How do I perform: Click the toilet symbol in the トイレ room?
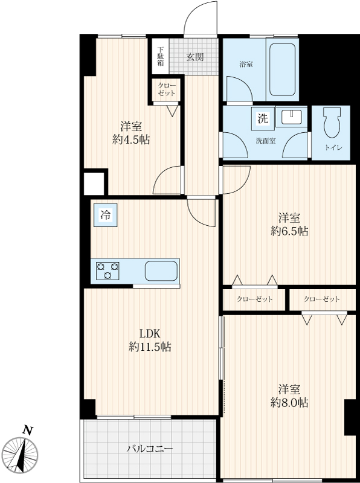[x=332, y=123]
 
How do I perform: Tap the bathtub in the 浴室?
[x=282, y=69]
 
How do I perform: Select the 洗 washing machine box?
[x=263, y=118]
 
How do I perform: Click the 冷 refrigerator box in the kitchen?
[x=106, y=215]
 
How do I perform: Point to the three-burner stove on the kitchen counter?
[x=108, y=270]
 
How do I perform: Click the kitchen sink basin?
[x=161, y=270]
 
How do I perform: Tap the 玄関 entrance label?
[x=195, y=57]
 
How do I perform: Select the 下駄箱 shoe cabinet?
[x=161, y=56]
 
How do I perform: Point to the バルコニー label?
[x=150, y=449]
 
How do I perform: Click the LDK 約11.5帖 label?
[x=150, y=341]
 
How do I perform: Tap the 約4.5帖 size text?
[x=131, y=140]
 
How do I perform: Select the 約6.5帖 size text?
[x=289, y=231]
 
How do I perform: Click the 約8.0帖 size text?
[x=289, y=403]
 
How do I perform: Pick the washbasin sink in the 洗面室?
[x=292, y=117]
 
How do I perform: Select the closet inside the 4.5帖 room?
[x=167, y=89]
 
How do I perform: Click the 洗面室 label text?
[x=266, y=141]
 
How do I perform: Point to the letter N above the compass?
[x=28, y=430]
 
